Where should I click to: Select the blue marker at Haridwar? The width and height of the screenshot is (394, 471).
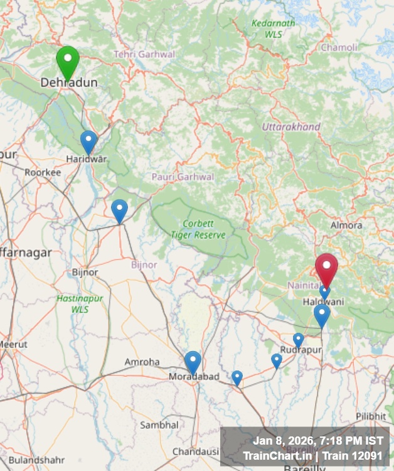(89, 141)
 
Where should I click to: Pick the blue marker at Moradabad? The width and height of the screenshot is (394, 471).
(193, 362)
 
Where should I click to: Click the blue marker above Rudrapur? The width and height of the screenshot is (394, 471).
(299, 340)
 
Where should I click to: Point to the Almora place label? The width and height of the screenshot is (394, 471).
(346, 225)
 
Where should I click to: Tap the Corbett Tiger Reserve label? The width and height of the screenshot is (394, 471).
(198, 229)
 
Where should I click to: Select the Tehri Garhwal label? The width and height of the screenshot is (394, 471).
(144, 55)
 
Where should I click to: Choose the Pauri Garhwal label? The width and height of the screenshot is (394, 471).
(183, 177)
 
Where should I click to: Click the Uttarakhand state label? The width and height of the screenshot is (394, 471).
(291, 127)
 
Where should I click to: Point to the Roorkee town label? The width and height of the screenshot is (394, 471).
(43, 172)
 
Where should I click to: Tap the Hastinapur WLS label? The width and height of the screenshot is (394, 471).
(80, 304)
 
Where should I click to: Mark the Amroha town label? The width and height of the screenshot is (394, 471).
(142, 362)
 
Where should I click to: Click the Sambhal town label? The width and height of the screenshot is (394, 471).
(159, 425)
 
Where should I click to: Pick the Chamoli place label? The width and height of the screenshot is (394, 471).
(339, 48)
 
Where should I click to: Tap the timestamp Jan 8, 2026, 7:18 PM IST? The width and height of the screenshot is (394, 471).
(317, 441)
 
